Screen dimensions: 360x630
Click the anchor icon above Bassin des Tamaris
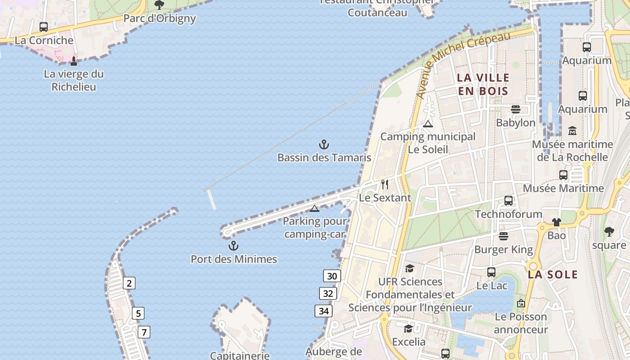click(x=324, y=144)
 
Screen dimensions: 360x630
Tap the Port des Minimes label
click(x=234, y=259)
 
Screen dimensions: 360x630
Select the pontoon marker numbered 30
click(x=332, y=276)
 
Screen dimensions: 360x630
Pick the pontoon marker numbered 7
click(x=144, y=333)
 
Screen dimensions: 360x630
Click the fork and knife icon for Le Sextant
click(x=385, y=184)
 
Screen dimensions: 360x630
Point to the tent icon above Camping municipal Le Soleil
click(x=428, y=124)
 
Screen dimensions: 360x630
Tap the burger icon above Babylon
click(x=516, y=109)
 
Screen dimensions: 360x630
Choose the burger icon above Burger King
click(x=504, y=236)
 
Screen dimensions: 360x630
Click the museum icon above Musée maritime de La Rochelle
click(x=572, y=131)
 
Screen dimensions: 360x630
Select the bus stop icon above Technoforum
click(x=508, y=201)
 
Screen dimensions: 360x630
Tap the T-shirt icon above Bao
click(x=557, y=222)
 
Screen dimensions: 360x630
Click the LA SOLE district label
click(x=553, y=274)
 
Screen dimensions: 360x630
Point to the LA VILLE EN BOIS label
click(x=483, y=84)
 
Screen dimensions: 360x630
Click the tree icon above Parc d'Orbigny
click(x=159, y=5)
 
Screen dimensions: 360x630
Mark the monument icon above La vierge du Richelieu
click(x=74, y=61)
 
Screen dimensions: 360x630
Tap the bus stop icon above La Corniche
click(x=44, y=27)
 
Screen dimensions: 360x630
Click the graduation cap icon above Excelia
click(x=408, y=328)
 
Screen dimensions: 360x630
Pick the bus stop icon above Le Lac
click(x=491, y=272)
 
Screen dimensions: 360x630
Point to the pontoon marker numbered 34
click(x=324, y=310)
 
